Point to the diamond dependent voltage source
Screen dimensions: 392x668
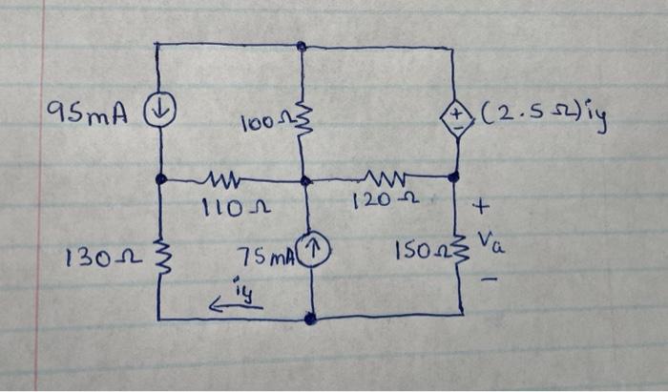pyautogui.click(x=454, y=121)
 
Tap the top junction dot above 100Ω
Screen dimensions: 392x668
pyautogui.click(x=302, y=45)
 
